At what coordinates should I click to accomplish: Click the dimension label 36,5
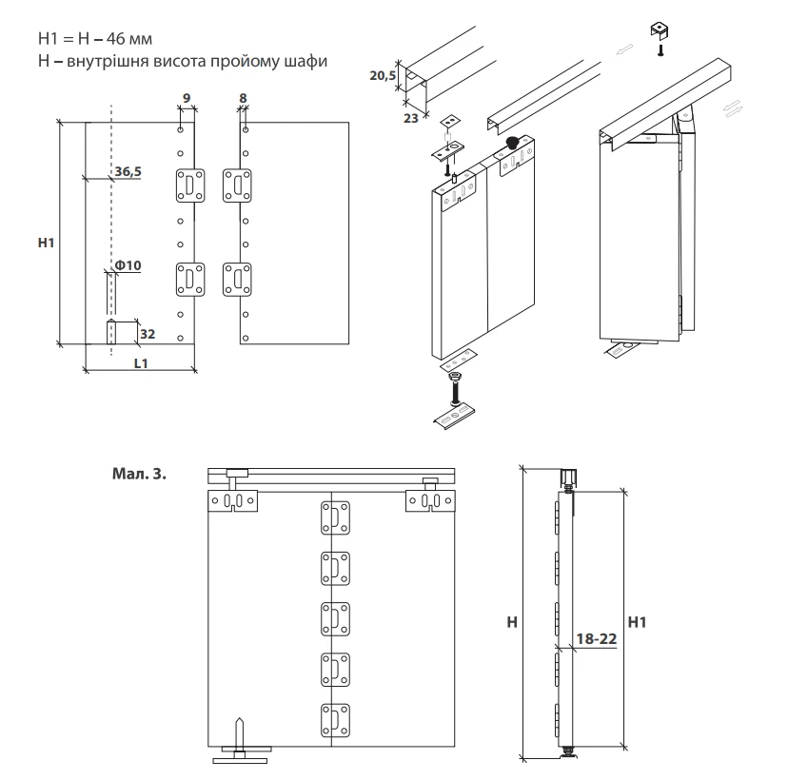click(x=128, y=171)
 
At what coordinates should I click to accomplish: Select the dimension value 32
click(x=148, y=334)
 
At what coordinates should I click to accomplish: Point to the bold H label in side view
click(x=512, y=621)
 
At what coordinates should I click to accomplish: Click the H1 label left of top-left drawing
click(x=44, y=244)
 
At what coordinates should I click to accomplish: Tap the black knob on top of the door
click(x=512, y=144)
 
